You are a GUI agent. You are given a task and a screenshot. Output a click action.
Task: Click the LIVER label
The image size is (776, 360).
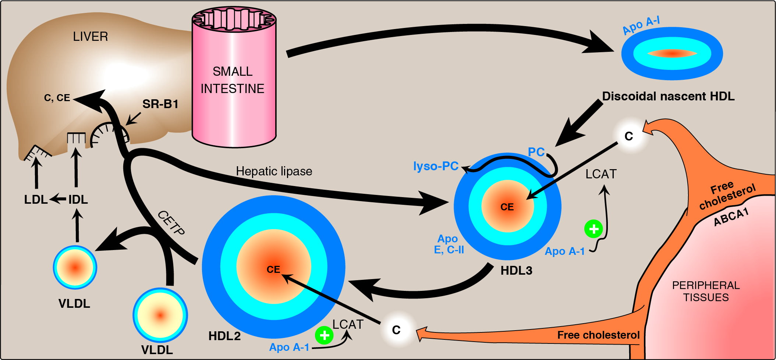coord(90,36)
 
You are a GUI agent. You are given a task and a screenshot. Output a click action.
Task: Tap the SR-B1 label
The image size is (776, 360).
coord(160,104)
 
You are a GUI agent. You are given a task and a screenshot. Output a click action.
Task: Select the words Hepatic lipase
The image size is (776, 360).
coord(274,171)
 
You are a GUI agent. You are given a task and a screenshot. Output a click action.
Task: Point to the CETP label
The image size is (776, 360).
coord(171,223)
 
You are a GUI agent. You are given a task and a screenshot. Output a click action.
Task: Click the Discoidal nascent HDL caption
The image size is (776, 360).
coord(668,96)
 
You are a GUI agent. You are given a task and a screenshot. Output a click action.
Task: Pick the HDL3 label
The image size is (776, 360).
coord(516,271)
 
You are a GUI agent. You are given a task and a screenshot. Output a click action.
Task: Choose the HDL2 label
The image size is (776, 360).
coord(224,336)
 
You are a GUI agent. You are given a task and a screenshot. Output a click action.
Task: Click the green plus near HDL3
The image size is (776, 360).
coord(593,229)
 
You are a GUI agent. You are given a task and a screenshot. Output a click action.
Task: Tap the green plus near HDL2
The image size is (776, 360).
coord(324,335)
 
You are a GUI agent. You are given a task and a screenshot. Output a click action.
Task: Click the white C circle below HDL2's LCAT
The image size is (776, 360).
coord(396,330)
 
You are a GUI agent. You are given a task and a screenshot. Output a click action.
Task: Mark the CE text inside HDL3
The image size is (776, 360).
coord(507,207)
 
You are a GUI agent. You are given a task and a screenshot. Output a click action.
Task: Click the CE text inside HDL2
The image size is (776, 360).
coord(273,270)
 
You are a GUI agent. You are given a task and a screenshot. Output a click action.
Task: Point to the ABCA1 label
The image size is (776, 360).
coord(731,217)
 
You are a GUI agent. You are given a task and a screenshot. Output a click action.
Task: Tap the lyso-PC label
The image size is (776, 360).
coord(436,166)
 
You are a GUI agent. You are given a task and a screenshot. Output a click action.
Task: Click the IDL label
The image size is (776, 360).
coord(78,200)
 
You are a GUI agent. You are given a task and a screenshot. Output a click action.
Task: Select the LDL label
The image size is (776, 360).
coord(36,200)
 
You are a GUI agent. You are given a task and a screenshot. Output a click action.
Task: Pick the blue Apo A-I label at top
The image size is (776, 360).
coord(641,25)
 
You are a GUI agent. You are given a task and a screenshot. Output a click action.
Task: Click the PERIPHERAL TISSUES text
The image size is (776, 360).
coord(706,291)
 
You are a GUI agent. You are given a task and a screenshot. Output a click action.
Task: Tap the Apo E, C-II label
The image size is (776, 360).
coord(449,245)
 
